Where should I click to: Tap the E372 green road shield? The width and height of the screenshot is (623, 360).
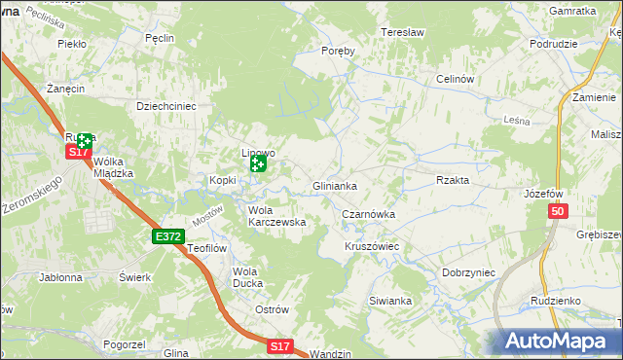pyautogui.click(x=167, y=236)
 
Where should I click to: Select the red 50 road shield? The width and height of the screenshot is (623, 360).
pyautogui.click(x=557, y=211)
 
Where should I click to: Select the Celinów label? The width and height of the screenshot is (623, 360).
pyautogui.click(x=455, y=79)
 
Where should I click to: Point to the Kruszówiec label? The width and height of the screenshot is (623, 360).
pyautogui.click(x=372, y=247)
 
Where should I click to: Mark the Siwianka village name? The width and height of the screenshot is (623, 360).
pyautogui.click(x=390, y=301)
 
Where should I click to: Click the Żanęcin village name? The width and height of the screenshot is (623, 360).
pyautogui.click(x=63, y=88)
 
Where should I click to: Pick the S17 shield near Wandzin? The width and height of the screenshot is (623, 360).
pyautogui.click(x=280, y=346)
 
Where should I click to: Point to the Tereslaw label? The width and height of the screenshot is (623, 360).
pyautogui.click(x=403, y=32)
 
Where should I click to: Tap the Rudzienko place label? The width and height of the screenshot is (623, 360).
pyautogui.click(x=556, y=301)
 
